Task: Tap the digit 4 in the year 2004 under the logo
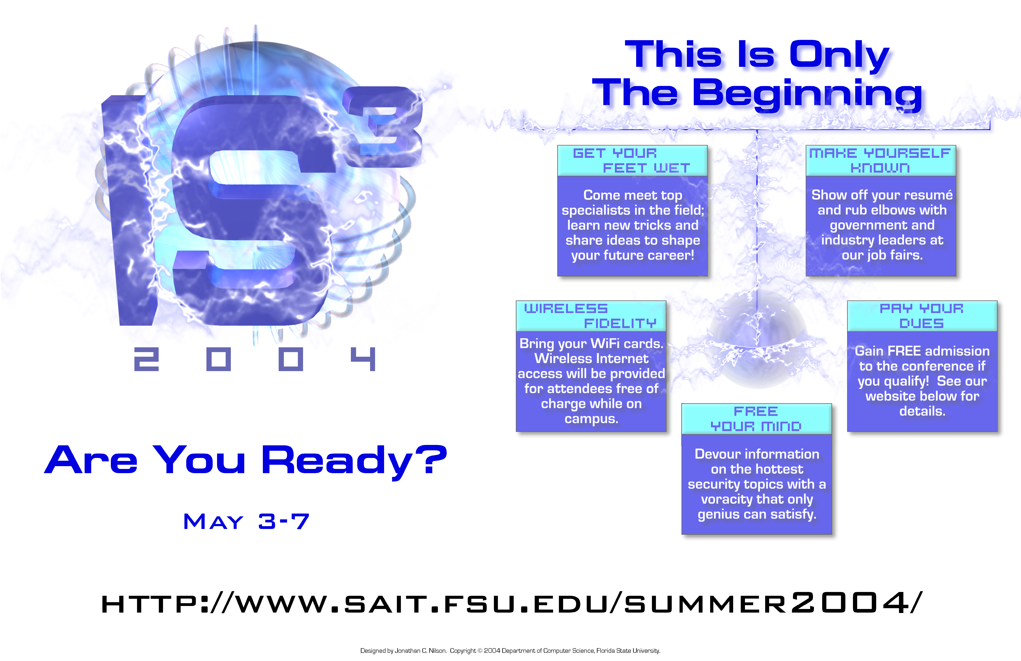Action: (363, 359)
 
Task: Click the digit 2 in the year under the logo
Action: (146, 359)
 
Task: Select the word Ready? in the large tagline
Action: (354, 461)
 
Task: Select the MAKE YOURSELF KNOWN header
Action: (881, 160)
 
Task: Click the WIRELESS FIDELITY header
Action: (591, 316)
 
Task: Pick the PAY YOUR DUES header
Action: (922, 316)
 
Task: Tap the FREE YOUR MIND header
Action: (756, 419)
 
